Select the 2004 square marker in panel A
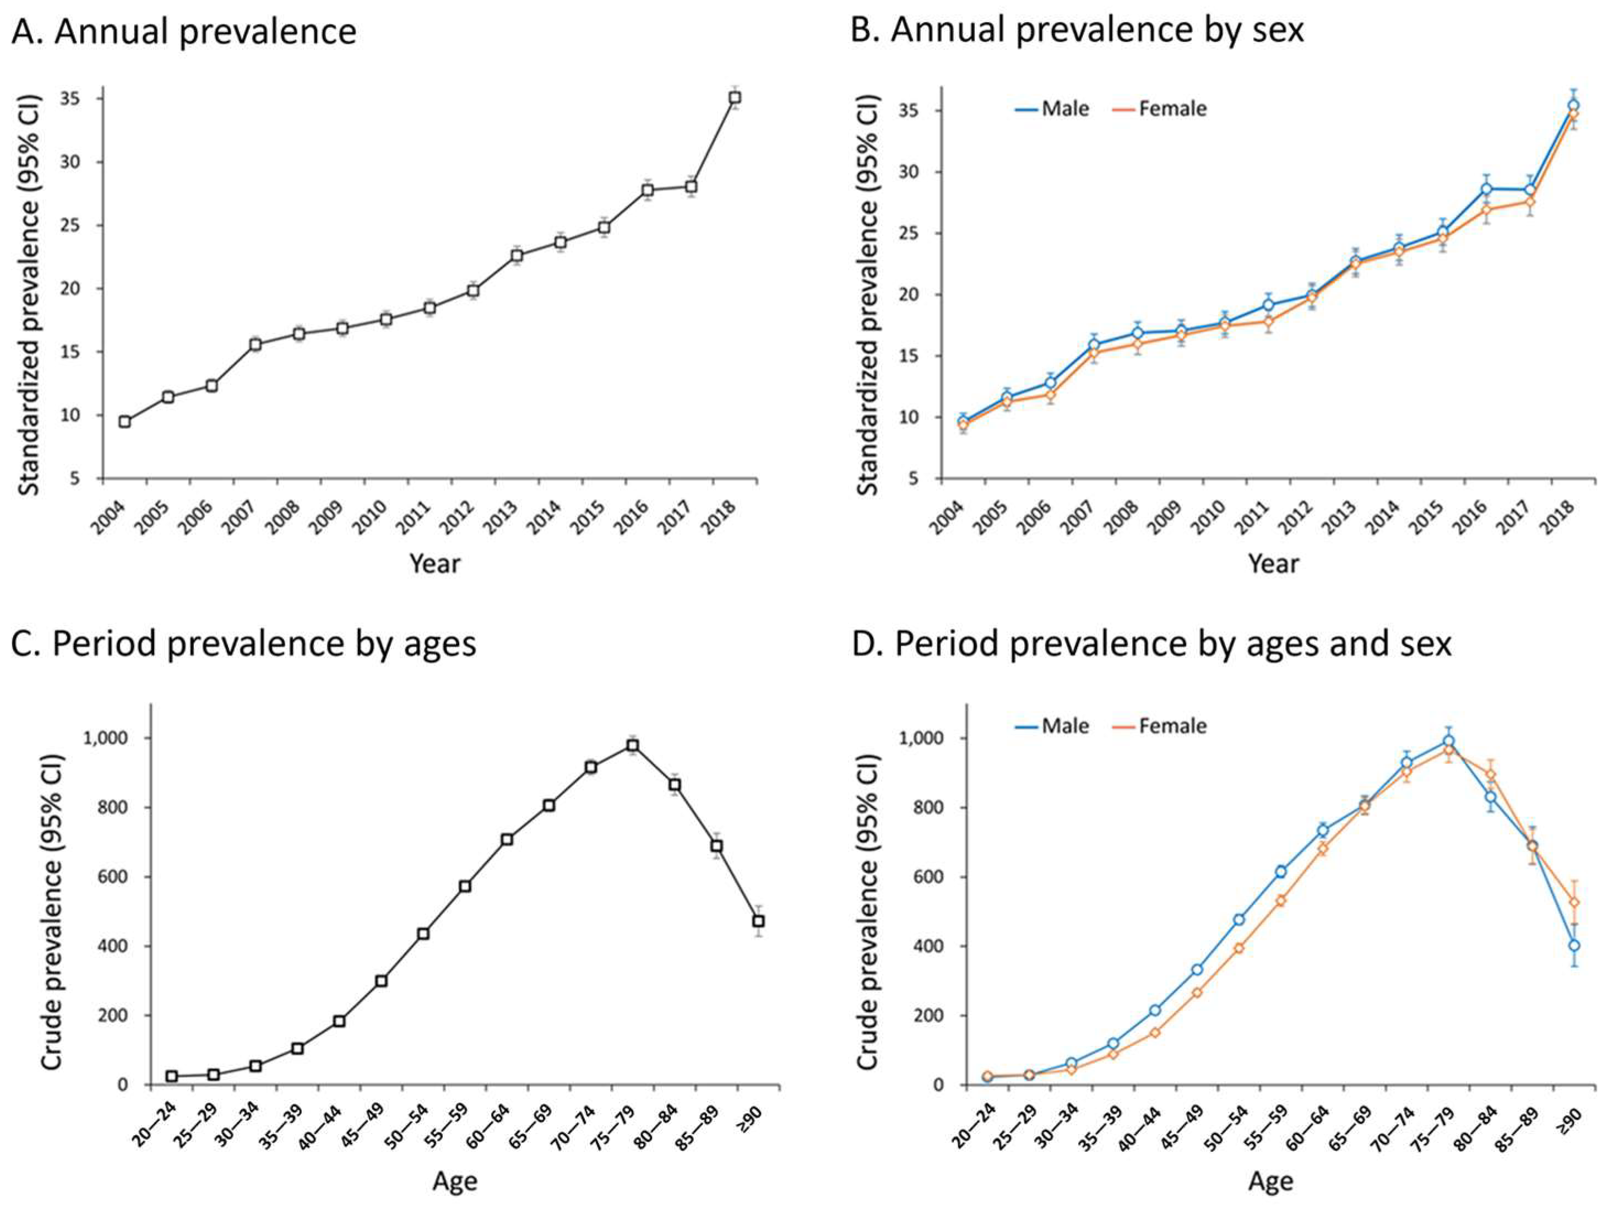click(125, 421)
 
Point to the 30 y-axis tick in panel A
click(80, 161)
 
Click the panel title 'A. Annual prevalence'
click(184, 32)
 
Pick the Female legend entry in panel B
click(1160, 109)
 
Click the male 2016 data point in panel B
click(1487, 189)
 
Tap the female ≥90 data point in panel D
click(1575, 902)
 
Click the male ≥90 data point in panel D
click(1575, 946)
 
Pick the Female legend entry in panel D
click(1160, 726)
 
